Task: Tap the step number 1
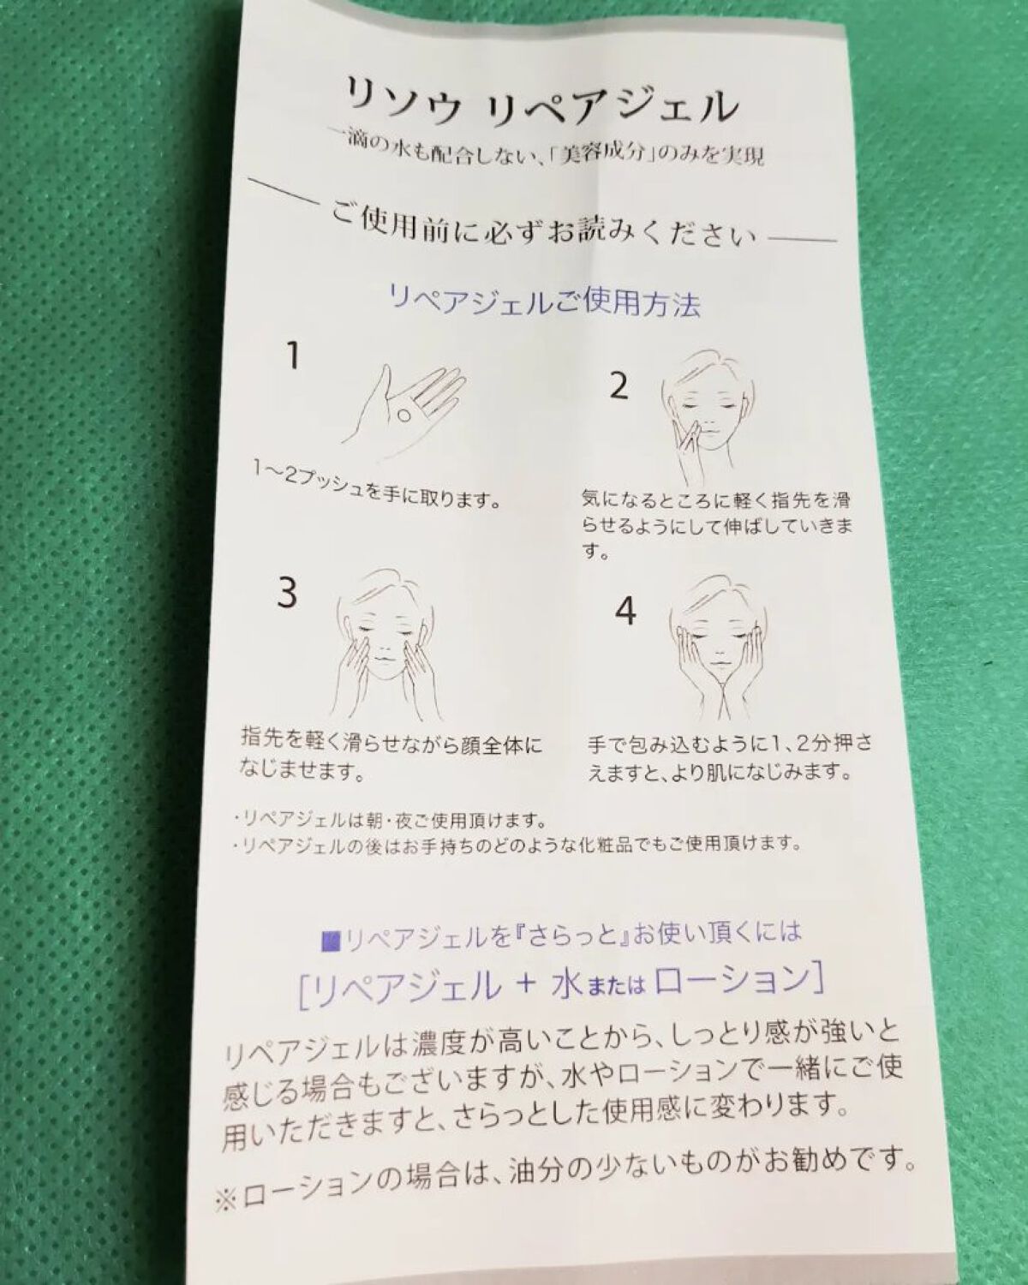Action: pos(293,356)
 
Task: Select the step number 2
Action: pos(619,385)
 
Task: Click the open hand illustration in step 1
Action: pos(403,411)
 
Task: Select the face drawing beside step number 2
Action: pos(708,418)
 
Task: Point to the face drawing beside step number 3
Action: pos(382,645)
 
